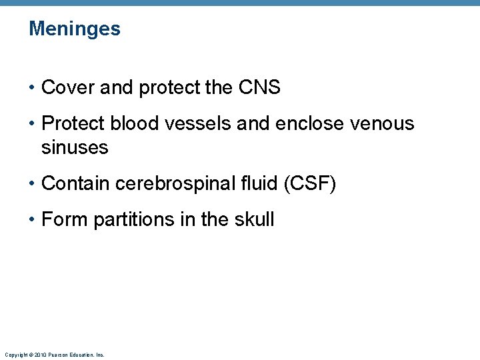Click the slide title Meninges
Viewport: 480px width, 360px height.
point(75,29)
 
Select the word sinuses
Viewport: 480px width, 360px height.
point(75,148)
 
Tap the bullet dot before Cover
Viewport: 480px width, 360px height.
point(33,88)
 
